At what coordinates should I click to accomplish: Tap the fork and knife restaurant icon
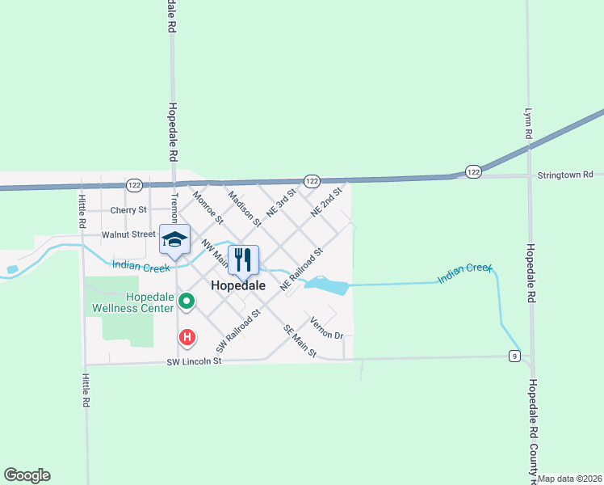[x=243, y=259]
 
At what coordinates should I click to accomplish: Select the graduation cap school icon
[x=174, y=238]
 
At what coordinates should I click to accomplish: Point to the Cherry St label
[x=129, y=210]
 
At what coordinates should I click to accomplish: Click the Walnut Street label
[x=128, y=234]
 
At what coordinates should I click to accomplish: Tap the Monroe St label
[x=208, y=206]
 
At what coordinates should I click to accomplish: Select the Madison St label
[x=245, y=208]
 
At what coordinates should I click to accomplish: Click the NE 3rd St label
[x=281, y=202]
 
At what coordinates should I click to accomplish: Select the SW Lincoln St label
[x=195, y=361]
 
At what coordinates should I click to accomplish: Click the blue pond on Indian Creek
[x=326, y=285]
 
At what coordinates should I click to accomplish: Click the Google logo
[x=27, y=475]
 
